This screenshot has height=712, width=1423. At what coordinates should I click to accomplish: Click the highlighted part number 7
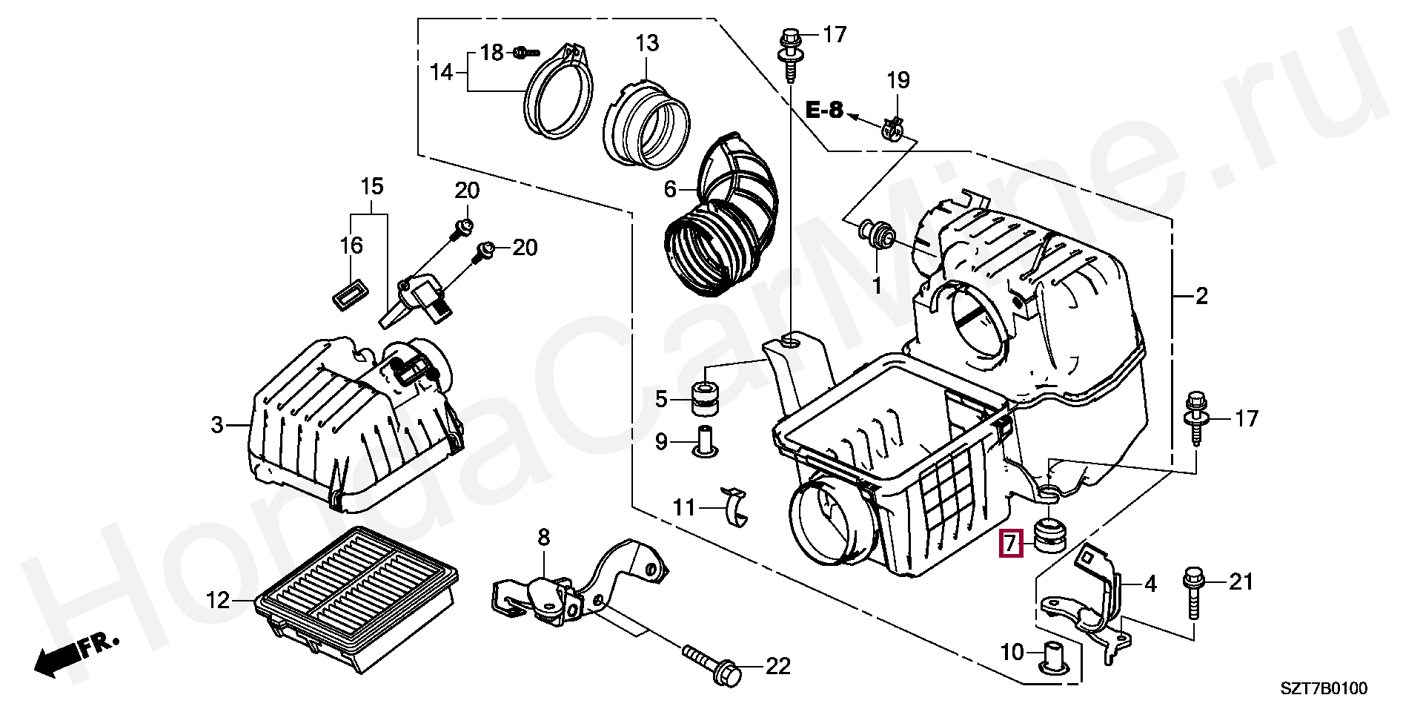point(1010,544)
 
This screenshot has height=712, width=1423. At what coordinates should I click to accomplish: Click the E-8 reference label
point(825,111)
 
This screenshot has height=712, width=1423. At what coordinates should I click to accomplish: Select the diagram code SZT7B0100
point(1324,689)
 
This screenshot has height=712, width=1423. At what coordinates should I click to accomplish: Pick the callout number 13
point(646,43)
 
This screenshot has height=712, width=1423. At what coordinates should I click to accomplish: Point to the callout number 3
point(216,425)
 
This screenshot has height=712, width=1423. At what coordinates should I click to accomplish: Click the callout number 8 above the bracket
point(544,537)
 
